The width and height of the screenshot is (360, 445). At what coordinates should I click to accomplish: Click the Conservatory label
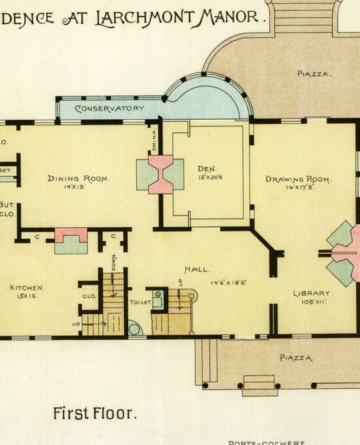[x=110, y=108]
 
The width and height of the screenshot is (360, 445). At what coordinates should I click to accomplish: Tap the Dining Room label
[x=78, y=178]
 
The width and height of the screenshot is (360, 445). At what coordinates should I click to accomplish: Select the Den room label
[x=207, y=168]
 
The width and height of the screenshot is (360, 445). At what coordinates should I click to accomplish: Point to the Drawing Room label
[x=298, y=179]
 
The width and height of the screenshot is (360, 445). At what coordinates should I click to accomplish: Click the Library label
[x=312, y=293]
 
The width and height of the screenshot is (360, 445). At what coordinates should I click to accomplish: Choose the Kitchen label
[x=27, y=287]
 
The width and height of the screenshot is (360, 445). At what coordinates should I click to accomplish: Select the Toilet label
[x=141, y=302]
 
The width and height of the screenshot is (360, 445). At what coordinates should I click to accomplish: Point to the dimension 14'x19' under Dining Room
[x=75, y=187]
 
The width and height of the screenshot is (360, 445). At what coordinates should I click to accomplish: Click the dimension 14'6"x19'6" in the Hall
[x=232, y=283]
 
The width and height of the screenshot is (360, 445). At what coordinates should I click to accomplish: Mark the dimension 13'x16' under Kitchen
[x=26, y=296]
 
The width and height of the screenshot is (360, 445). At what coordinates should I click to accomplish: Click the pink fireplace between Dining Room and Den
[x=160, y=175]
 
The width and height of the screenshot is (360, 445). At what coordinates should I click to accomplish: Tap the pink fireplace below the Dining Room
[x=71, y=234]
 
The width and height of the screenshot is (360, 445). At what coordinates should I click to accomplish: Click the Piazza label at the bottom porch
[x=297, y=358]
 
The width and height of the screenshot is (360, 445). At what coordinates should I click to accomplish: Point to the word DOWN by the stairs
[x=114, y=262]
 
